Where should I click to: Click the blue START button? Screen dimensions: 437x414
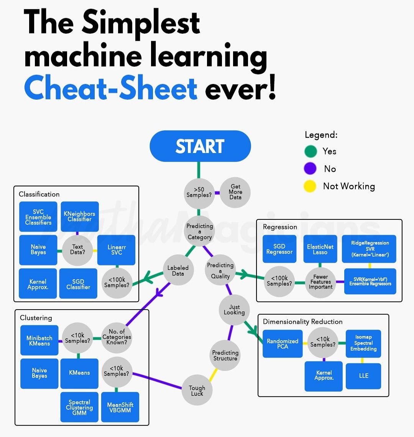[x=200, y=146]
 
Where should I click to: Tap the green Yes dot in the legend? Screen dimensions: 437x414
[x=310, y=151]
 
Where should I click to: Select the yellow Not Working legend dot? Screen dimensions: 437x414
[x=310, y=186]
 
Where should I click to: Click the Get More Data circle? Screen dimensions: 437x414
[x=235, y=192]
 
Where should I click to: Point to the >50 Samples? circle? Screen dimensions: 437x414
[x=199, y=192]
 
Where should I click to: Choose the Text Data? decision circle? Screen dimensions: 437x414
[x=77, y=250]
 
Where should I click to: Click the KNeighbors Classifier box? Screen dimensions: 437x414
[x=79, y=216]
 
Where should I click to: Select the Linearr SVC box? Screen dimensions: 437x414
[x=117, y=250]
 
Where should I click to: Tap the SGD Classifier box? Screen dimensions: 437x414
[x=78, y=284]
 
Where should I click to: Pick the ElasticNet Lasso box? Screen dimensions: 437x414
[x=320, y=249]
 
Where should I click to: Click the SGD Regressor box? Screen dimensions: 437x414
[x=279, y=249]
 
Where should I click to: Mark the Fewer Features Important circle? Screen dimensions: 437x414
[x=320, y=282]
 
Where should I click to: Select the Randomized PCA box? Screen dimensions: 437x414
[x=283, y=344]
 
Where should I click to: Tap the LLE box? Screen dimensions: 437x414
[x=363, y=376]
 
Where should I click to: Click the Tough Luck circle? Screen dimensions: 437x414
[x=197, y=391]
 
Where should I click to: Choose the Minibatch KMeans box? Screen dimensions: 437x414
[x=39, y=341]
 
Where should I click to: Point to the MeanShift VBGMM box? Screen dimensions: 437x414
[x=120, y=407]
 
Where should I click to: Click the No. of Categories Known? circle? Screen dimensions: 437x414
[x=117, y=337]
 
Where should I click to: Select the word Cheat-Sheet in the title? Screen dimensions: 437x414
[x=111, y=88]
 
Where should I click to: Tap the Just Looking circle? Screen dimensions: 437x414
[x=234, y=310]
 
